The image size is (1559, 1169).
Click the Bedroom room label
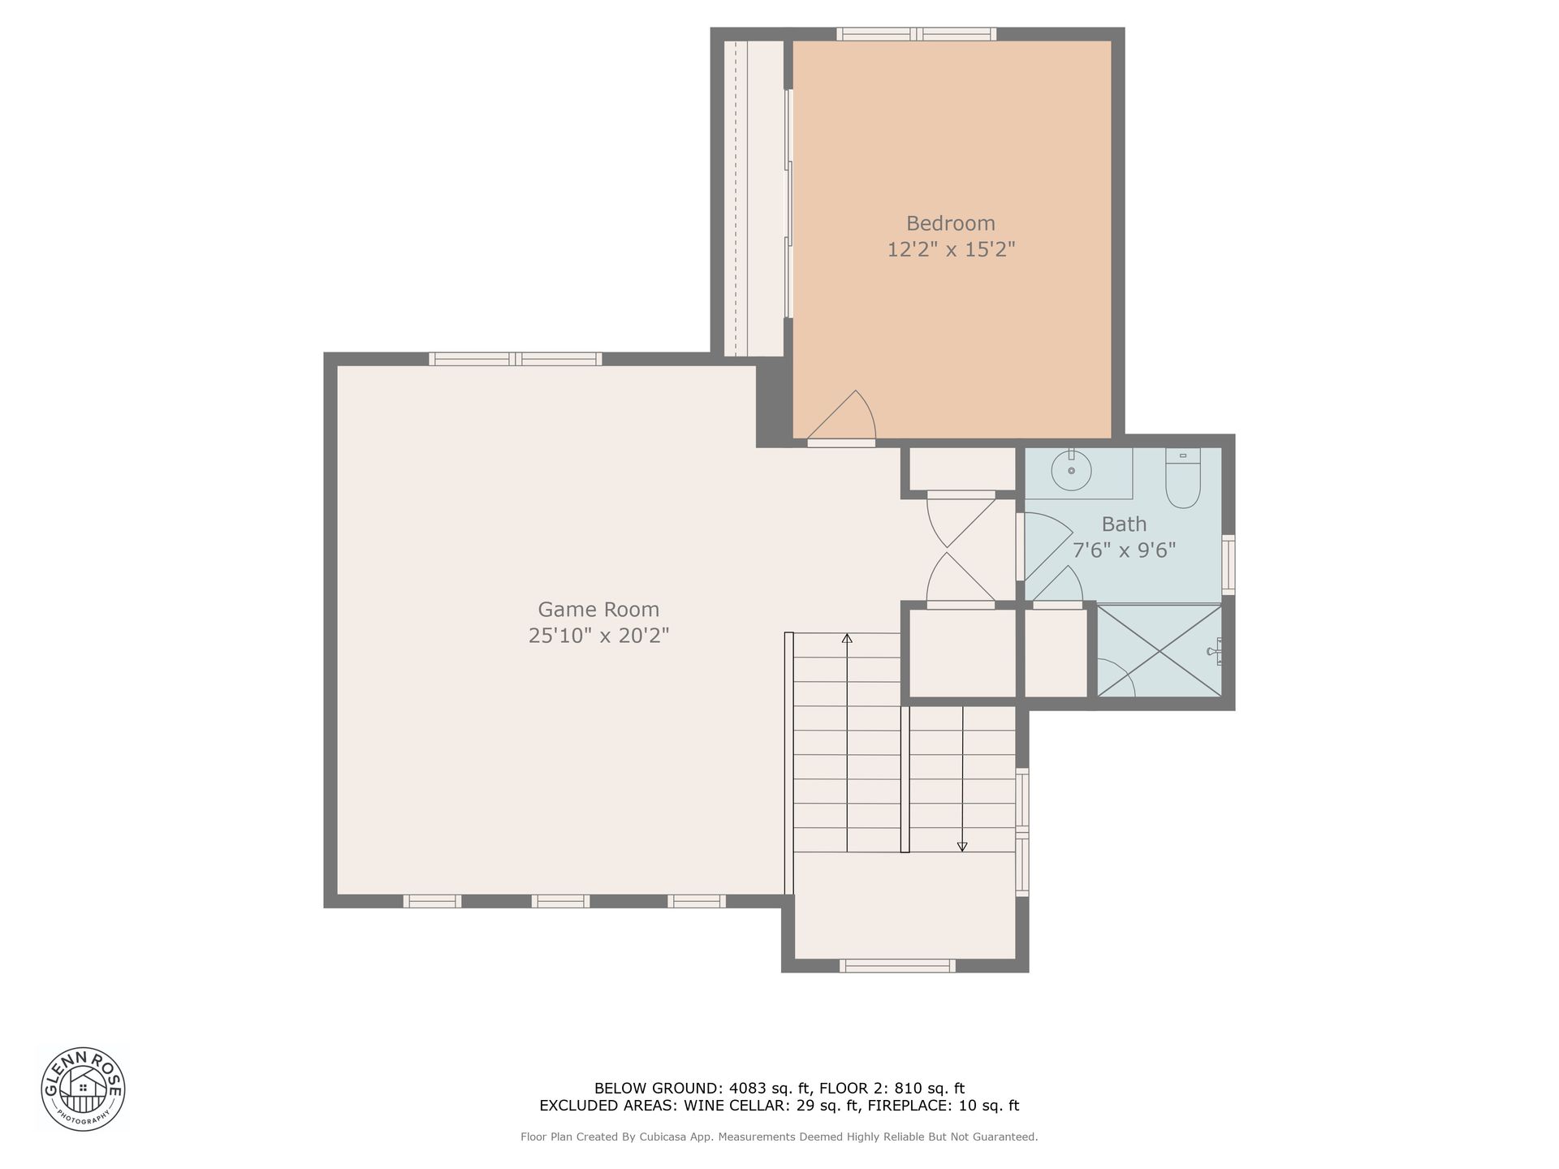click(x=950, y=223)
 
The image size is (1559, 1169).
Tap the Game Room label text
click(x=598, y=610)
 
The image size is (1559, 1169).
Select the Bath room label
click(x=1124, y=524)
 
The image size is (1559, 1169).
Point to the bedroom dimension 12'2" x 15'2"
click(x=951, y=249)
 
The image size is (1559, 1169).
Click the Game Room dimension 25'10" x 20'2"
click(x=598, y=636)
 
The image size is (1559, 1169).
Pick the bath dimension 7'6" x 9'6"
click(x=1124, y=550)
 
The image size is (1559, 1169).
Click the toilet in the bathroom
click(x=1183, y=478)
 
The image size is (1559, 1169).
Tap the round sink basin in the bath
click(x=1072, y=471)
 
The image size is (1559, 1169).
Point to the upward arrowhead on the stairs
click(x=847, y=638)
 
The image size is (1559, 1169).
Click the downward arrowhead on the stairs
click(x=962, y=847)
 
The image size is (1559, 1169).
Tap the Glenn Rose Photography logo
click(x=83, y=1088)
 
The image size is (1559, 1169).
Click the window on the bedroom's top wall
click(x=917, y=34)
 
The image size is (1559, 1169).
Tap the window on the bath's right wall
click(x=1229, y=564)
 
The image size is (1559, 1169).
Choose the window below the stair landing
click(x=897, y=965)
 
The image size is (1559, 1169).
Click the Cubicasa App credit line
click(x=779, y=1137)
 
